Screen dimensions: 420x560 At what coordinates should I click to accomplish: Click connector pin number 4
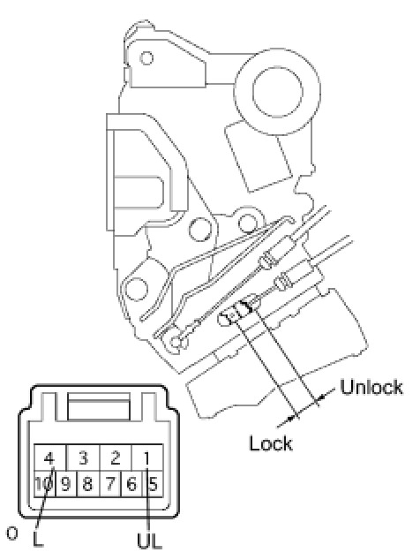[49, 458]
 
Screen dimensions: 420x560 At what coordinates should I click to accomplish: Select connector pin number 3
[83, 458]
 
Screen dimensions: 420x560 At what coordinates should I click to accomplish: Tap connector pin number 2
[116, 458]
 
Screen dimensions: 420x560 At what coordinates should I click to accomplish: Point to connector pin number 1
[147, 458]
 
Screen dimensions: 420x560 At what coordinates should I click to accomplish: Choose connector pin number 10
[44, 484]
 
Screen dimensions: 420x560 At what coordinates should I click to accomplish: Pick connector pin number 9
[66, 484]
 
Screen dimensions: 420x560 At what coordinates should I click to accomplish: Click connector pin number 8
[87, 484]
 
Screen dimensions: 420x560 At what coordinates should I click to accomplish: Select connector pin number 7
[110, 484]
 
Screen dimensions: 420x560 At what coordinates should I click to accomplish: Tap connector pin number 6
[131, 484]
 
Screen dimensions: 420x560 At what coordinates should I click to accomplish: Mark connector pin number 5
[153, 484]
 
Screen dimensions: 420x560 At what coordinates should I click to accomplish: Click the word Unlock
[371, 386]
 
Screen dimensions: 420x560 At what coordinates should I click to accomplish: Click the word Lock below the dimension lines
[271, 443]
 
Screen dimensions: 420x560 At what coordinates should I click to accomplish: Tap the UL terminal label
[149, 541]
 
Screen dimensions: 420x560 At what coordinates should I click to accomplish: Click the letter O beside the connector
[11, 534]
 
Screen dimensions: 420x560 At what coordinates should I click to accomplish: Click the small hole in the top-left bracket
[146, 57]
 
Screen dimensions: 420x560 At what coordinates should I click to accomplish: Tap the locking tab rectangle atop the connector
[99, 406]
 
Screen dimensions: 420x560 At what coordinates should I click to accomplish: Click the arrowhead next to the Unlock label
[321, 397]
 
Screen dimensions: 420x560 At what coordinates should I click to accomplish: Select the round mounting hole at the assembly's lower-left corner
[136, 288]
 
